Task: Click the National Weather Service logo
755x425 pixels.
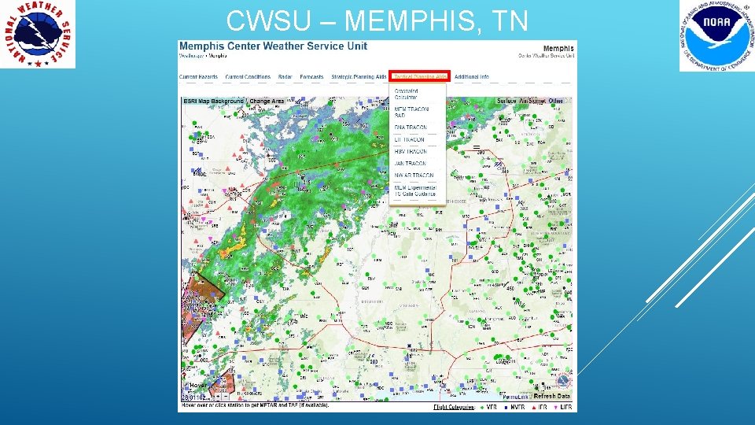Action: click(x=39, y=35)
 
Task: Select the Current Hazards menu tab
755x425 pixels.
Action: click(x=198, y=77)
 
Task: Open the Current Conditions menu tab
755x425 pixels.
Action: click(x=248, y=77)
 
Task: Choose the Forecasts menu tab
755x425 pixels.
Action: click(x=311, y=77)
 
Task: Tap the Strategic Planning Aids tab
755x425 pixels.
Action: click(x=359, y=77)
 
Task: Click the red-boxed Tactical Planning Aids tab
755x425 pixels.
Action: click(x=420, y=77)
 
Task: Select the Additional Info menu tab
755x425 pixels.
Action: click(x=472, y=77)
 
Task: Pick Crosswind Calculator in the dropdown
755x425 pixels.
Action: click(x=406, y=94)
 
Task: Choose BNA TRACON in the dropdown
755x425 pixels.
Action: click(x=411, y=128)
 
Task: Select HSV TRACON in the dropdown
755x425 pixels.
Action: click(x=411, y=151)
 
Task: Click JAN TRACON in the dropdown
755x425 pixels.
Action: click(x=411, y=163)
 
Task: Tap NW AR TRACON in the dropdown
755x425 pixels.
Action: click(x=414, y=176)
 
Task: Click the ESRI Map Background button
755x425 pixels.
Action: click(x=214, y=102)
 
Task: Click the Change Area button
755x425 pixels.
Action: click(x=267, y=102)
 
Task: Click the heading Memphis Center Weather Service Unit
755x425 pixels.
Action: click(x=273, y=46)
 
